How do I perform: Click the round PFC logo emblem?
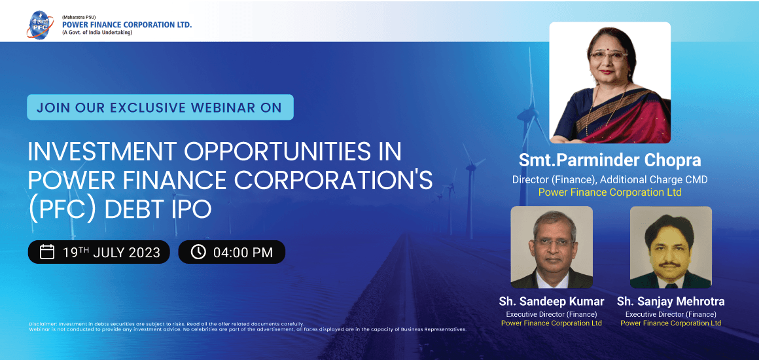(40, 24)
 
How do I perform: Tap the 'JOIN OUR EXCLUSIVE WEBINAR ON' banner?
(160, 107)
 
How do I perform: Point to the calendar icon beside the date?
(47, 253)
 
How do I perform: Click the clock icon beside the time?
(198, 253)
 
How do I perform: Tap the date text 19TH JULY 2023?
(111, 253)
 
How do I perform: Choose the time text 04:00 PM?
(243, 253)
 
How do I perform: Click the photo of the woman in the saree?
(610, 83)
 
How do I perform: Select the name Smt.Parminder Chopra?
(610, 160)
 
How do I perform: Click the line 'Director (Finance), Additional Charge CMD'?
(610, 180)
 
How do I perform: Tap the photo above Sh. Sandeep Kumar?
(552, 247)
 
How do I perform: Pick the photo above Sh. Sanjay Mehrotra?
(671, 247)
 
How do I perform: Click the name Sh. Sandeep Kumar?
(552, 302)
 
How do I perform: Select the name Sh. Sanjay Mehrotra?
(671, 302)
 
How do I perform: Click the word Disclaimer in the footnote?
(42, 324)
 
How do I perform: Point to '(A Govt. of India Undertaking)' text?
(97, 33)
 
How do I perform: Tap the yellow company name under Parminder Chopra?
(610, 192)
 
